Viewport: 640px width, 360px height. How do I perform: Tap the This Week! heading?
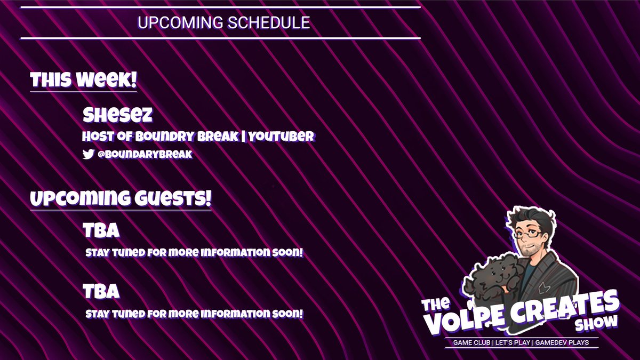click(84, 81)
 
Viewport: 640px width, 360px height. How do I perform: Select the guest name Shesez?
click(117, 115)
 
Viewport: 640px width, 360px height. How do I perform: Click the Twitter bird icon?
click(88, 154)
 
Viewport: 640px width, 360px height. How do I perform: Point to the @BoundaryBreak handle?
click(145, 154)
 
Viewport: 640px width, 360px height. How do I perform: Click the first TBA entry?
click(101, 231)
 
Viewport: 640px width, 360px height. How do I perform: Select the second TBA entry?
click(101, 292)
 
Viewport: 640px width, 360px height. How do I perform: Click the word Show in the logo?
click(596, 323)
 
